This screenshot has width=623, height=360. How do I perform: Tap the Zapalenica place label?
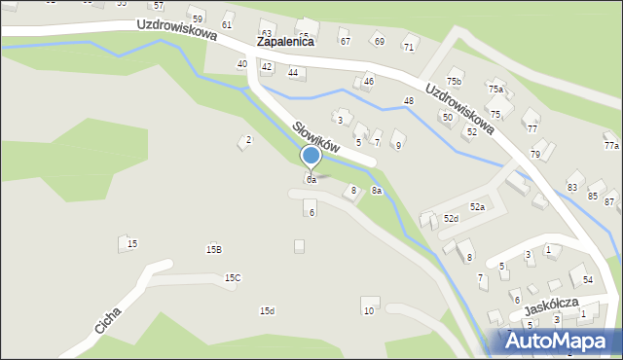[285, 43]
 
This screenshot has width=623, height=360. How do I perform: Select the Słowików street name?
[316, 135]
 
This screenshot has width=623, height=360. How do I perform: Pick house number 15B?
[213, 250]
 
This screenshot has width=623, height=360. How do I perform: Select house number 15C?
[233, 278]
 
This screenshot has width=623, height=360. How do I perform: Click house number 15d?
[267, 311]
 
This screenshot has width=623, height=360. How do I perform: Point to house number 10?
[368, 311]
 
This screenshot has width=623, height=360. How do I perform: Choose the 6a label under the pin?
[311, 180]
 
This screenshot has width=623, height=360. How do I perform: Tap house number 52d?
[451, 219]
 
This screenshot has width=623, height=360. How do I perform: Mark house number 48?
[409, 101]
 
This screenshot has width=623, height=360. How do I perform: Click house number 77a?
[611, 146]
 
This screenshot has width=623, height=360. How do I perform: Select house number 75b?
[454, 81]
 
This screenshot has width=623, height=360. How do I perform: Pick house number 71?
[409, 47]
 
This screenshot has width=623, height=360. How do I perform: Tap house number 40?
[241, 64]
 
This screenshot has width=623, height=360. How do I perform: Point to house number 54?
[588, 280]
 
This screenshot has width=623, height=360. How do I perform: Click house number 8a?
[376, 192]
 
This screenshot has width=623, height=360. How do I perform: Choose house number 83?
[572, 187]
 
